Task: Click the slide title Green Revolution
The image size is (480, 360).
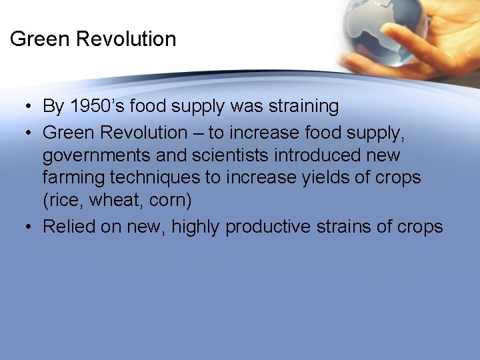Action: click(93, 39)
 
